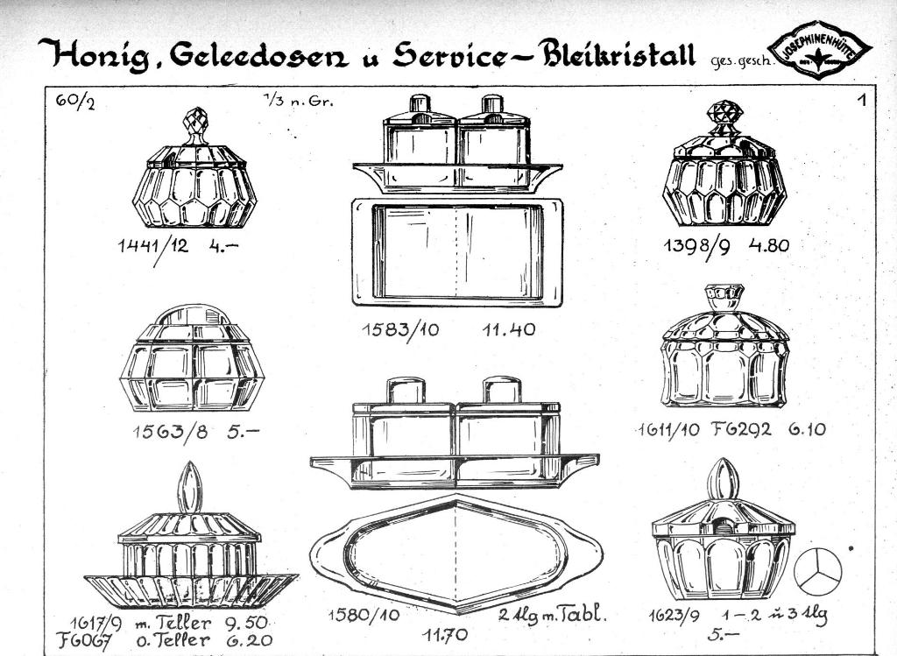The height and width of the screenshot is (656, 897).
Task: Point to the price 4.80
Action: [768, 245]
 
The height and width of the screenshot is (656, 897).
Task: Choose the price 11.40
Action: [508, 329]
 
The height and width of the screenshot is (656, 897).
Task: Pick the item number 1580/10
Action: [364, 615]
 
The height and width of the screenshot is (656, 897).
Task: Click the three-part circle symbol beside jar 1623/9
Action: [817, 569]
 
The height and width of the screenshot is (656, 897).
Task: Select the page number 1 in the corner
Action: [862, 100]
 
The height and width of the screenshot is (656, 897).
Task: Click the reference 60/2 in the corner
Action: [74, 101]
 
